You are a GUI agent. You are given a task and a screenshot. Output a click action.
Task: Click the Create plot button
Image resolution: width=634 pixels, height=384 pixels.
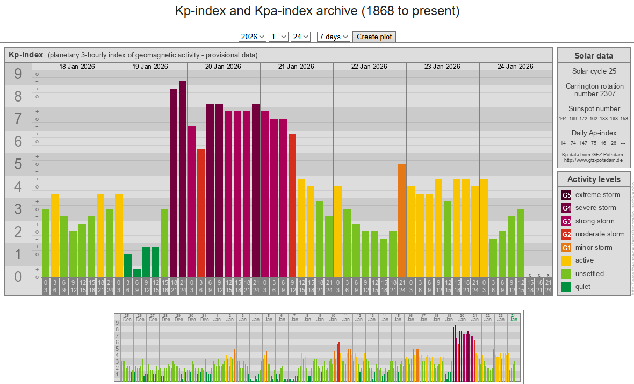pos(374,37)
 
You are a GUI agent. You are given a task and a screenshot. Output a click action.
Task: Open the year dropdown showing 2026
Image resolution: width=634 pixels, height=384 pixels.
pos(253,37)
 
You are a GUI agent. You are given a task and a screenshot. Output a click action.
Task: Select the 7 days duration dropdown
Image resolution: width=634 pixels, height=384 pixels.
pos(334,37)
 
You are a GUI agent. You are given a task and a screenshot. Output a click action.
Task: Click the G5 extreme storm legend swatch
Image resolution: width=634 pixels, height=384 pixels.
pos(566,195)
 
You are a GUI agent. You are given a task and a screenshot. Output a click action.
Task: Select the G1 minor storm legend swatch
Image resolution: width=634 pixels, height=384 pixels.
pos(566,248)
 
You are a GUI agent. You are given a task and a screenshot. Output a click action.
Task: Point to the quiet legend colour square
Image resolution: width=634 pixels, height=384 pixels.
pos(566,287)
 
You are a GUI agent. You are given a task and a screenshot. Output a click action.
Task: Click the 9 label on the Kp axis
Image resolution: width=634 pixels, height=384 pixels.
pos(18,74)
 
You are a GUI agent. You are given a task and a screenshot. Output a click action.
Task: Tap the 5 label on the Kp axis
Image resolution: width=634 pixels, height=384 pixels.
pos(18,164)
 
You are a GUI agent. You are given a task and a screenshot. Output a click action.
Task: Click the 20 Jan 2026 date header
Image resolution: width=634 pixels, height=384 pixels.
pos(224,67)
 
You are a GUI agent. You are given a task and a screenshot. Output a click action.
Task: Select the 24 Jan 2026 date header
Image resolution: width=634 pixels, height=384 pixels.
pos(515,67)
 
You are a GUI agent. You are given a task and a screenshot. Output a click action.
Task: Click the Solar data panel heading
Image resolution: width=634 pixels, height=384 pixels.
pos(593,56)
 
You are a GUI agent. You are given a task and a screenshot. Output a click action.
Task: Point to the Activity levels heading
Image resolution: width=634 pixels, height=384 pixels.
pos(593,179)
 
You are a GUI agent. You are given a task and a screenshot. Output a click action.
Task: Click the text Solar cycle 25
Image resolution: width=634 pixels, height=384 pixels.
pos(593,71)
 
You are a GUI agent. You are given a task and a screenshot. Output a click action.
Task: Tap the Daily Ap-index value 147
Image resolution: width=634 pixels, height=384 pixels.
pos(583,143)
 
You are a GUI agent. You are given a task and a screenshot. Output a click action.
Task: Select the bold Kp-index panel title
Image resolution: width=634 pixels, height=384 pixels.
pos(26,55)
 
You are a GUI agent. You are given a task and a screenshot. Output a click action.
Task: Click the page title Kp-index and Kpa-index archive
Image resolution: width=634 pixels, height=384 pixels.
pos(317,11)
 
